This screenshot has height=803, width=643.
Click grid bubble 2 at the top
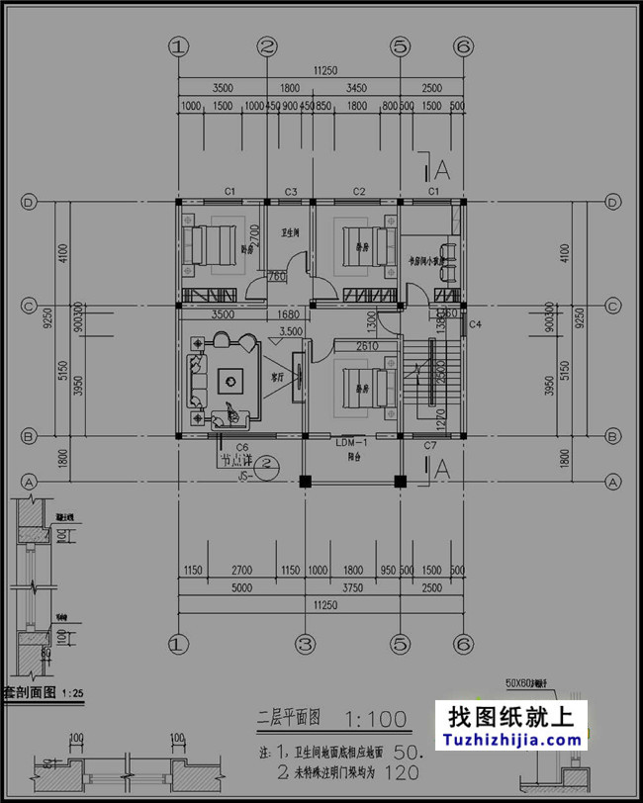coord(267,45)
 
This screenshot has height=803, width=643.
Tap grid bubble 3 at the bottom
coord(306,644)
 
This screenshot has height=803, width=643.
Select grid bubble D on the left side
coord(30,202)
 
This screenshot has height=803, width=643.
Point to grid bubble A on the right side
coord(613,482)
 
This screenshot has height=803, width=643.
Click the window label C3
coord(291,190)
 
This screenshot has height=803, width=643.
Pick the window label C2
coord(359,190)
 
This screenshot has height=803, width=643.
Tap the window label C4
coord(475,324)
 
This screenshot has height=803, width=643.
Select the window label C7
coord(430,447)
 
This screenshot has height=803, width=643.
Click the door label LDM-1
coord(353,441)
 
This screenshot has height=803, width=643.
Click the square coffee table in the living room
coord(232,379)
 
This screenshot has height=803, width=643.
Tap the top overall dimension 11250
coord(321,71)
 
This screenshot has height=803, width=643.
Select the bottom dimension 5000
coord(240,586)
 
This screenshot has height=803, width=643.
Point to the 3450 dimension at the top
coord(355,89)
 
